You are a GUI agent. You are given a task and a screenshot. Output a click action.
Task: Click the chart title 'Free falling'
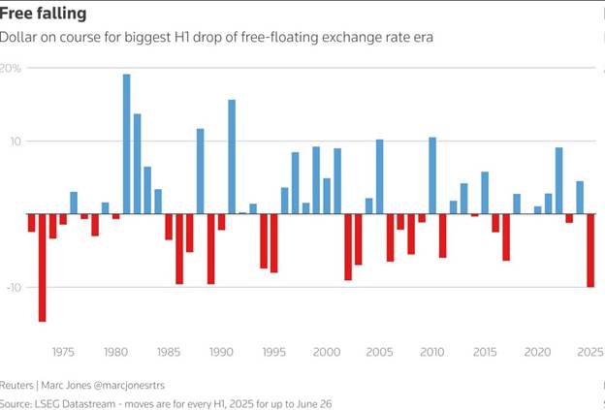tap(43, 14)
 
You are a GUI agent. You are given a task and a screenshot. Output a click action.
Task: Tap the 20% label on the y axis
tap(11, 69)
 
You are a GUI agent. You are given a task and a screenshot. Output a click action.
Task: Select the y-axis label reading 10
tap(13, 142)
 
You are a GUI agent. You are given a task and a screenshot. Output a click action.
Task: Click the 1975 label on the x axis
tap(63, 353)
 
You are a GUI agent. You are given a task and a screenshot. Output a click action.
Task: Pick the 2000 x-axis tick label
tap(327, 353)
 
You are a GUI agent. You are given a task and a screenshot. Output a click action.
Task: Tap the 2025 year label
tap(590, 353)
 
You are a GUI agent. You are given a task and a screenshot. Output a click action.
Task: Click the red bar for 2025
tap(590, 250)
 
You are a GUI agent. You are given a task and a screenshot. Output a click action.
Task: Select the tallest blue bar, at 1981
tap(127, 143)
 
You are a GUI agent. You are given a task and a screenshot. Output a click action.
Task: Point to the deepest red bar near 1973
tap(43, 268)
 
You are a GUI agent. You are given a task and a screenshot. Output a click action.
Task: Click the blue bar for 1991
tap(232, 156)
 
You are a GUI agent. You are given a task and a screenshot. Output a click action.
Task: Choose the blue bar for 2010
tap(432, 174)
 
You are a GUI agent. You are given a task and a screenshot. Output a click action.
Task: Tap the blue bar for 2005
tap(380, 176)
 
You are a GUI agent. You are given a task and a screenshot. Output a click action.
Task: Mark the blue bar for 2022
tap(558, 180)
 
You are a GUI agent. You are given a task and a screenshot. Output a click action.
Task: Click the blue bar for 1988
tap(201, 171)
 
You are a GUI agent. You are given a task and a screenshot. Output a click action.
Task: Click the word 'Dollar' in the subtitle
tap(18, 38)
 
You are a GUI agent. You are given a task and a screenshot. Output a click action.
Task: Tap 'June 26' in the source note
tap(313, 402)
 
